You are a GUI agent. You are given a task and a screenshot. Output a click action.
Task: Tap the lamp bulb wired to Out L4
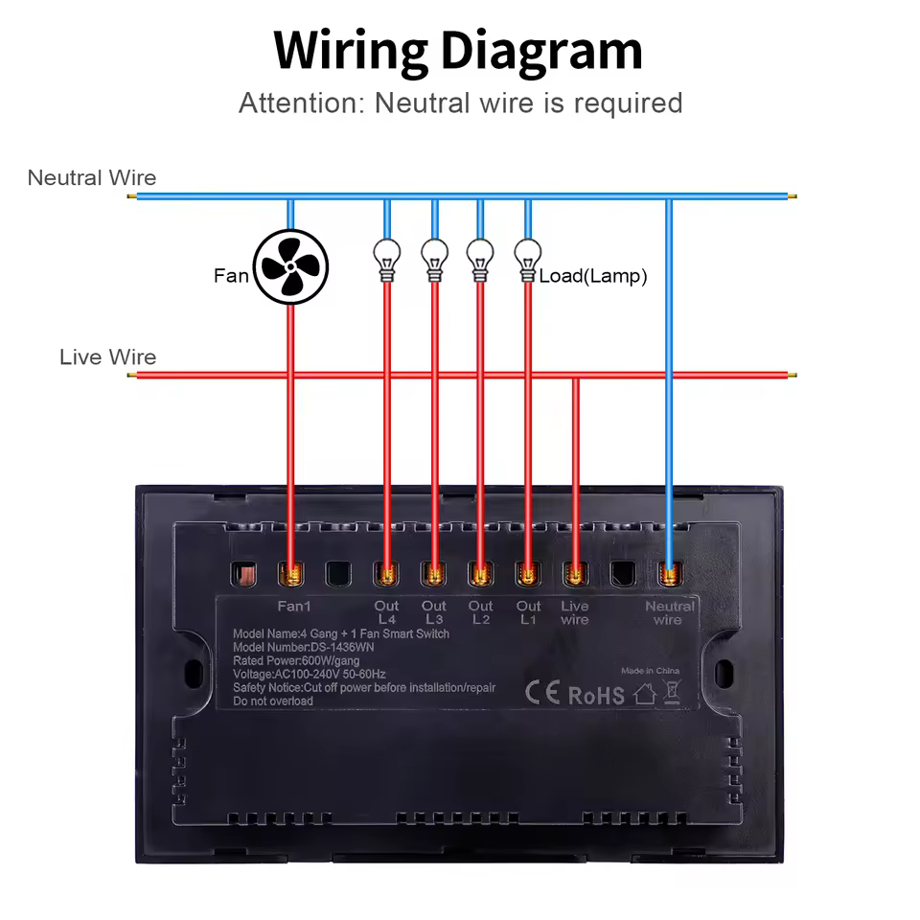386,256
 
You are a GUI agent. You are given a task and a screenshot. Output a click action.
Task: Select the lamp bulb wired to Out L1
526,256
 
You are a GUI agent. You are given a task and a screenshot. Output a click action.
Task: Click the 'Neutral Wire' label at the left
92,177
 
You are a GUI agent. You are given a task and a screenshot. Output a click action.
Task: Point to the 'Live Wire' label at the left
107,357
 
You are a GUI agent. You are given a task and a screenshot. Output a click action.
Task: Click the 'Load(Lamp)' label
593,276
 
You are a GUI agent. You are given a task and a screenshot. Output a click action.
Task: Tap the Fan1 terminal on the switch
290,574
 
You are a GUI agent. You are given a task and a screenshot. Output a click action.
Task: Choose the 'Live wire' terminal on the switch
575,574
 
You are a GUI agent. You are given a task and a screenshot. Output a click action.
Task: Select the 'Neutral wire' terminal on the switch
669,574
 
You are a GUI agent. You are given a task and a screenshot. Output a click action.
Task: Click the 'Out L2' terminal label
481,612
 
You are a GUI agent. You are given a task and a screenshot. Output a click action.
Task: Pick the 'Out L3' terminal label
434,612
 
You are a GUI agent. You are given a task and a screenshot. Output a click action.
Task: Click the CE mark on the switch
542,692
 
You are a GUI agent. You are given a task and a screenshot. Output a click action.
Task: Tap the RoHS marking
596,695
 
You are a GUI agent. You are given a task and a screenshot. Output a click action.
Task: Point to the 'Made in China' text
650,671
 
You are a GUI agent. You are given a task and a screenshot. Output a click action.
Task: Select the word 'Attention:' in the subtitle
300,103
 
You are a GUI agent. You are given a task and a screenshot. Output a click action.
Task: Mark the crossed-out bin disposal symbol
672,692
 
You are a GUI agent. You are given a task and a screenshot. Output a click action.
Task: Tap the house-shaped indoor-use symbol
645,694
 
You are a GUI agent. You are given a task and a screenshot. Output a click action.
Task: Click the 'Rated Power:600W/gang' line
296,660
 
